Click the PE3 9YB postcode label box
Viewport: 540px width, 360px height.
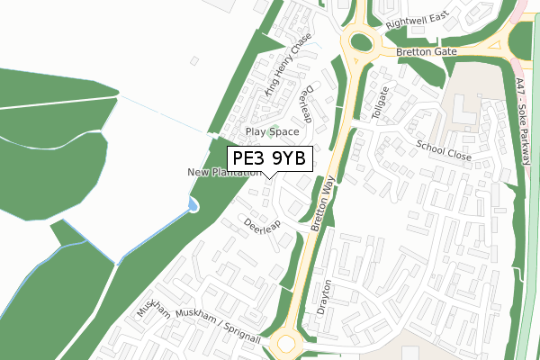268,158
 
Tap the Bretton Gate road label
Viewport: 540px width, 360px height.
426,54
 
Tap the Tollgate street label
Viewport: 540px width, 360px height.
381,103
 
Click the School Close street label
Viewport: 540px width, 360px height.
444,150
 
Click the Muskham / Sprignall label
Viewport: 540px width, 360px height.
219,325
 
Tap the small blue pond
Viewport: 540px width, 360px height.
193,207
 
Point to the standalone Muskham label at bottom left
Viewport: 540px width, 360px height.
154,309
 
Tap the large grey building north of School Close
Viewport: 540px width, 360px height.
464,113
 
